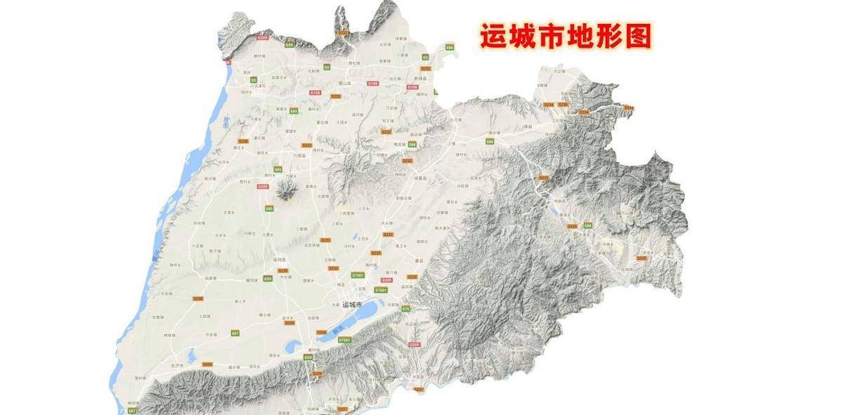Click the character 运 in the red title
pos(493,36)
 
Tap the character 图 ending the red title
pos(638,36)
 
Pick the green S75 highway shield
pos(406,308)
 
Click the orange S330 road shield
pos(321,332)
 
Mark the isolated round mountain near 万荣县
pos(287,188)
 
